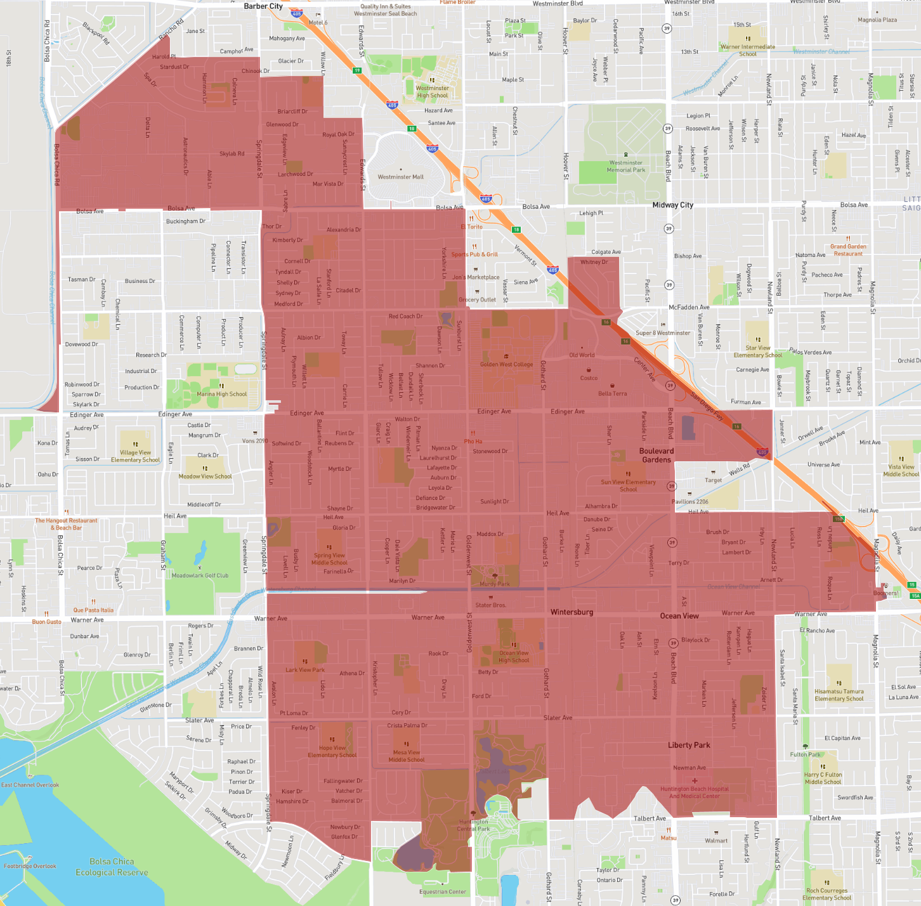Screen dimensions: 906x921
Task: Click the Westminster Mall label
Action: click(400, 177)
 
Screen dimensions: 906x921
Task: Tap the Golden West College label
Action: click(506, 364)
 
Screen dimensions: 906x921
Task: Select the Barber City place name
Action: click(263, 6)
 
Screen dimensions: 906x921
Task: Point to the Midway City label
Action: click(672, 205)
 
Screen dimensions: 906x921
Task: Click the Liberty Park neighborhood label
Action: click(689, 745)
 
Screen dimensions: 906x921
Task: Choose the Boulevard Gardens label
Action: click(656, 456)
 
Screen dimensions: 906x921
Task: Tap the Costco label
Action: click(589, 378)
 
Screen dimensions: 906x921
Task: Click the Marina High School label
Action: click(221, 394)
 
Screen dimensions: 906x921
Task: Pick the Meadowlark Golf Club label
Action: click(200, 575)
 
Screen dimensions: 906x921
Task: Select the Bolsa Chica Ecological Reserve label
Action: click(112, 867)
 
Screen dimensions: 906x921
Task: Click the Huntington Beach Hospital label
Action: click(694, 792)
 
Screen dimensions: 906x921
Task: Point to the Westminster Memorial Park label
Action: click(625, 166)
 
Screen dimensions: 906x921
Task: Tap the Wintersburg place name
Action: click(572, 612)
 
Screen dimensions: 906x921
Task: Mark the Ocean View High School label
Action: click(513, 656)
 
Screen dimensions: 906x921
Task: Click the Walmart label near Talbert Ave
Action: click(716, 841)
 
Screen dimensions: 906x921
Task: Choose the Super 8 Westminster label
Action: click(663, 332)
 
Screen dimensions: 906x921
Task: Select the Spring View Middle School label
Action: click(329, 559)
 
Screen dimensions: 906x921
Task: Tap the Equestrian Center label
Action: click(443, 891)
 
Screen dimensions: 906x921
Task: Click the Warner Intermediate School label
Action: click(748, 50)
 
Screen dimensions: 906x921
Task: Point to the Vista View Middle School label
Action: click(901, 470)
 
